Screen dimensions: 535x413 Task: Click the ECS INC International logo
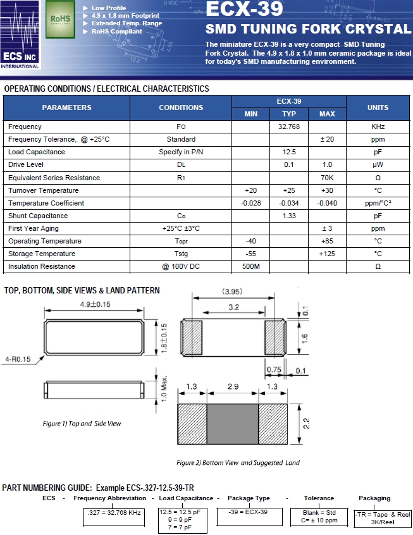coord(22,35)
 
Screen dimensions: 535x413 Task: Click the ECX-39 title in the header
coord(240,9)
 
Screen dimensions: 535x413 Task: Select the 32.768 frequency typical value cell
coord(288,127)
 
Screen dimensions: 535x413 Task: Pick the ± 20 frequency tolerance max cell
coord(327,140)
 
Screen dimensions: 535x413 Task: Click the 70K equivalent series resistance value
coord(327,178)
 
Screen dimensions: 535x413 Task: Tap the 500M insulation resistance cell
coord(250,266)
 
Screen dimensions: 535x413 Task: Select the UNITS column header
coord(378,108)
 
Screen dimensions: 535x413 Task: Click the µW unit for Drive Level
coord(378,165)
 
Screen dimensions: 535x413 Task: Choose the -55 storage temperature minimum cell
coord(250,254)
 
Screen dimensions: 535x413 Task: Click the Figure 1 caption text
coord(82,423)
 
